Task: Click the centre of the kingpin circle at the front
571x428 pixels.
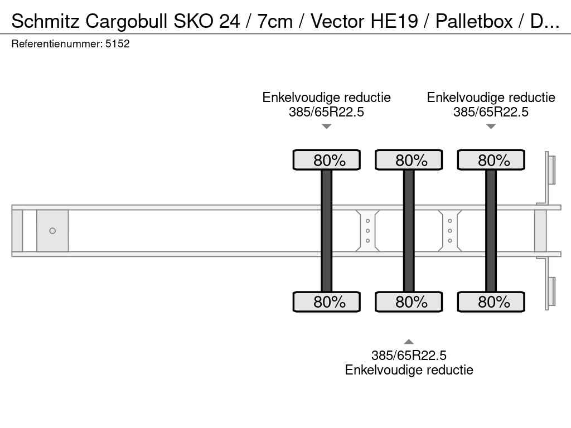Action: [x=52, y=231]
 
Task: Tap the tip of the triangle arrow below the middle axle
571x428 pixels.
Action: [x=409, y=339]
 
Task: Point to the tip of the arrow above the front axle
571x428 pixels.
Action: [x=327, y=129]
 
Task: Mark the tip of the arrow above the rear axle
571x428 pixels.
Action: [x=491, y=129]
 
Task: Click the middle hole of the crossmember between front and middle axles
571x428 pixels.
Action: [x=367, y=231]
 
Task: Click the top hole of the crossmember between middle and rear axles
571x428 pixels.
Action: [x=450, y=221]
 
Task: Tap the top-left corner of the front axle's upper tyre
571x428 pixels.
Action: [x=293, y=149]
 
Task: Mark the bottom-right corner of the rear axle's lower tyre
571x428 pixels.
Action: [x=525, y=312]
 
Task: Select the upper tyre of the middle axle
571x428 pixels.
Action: [x=409, y=160]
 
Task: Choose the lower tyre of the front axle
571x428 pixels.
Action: [x=327, y=301]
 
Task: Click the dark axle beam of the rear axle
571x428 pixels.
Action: [x=491, y=231]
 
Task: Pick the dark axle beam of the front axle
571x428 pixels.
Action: [x=327, y=231]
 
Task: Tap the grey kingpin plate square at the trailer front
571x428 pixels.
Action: [x=52, y=231]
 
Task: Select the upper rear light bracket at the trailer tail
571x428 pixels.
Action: [x=550, y=169]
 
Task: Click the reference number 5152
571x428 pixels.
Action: [x=117, y=43]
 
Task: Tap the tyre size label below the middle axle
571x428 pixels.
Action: [x=409, y=355]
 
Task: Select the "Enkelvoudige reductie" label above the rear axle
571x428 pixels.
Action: [x=491, y=98]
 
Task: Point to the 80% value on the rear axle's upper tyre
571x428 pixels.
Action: [x=494, y=160]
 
